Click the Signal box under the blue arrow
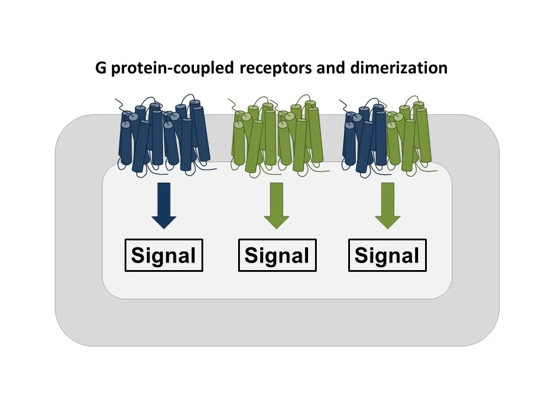[x=164, y=256]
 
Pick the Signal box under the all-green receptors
[x=277, y=256]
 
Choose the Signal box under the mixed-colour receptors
[x=387, y=256]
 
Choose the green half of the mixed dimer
[x=410, y=137]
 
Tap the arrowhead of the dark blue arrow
[x=164, y=220]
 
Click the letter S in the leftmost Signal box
[x=138, y=256]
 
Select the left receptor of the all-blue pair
[x=141, y=139]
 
